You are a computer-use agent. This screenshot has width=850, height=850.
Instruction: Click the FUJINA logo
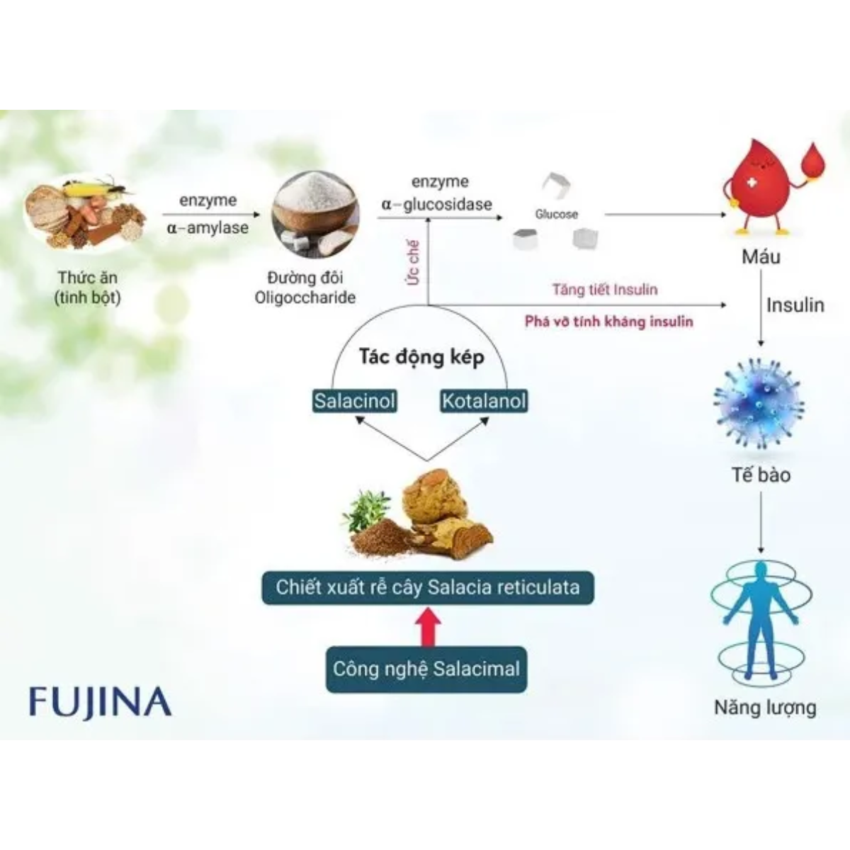pyautogui.click(x=100, y=702)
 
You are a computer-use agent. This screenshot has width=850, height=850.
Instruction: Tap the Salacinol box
pyautogui.click(x=355, y=401)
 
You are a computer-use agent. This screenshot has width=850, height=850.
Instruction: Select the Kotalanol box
pyautogui.click(x=484, y=401)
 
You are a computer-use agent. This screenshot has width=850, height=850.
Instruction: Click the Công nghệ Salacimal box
pyautogui.click(x=426, y=669)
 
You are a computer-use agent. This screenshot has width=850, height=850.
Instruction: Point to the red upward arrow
pyautogui.click(x=427, y=626)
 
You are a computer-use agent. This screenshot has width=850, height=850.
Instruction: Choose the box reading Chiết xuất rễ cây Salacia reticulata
pyautogui.click(x=428, y=587)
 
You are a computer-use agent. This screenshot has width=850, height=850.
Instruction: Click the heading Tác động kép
pyautogui.click(x=421, y=356)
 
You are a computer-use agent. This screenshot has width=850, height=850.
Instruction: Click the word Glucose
pyautogui.click(x=556, y=214)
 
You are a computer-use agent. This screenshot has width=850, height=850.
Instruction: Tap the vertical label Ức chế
pyautogui.click(x=413, y=262)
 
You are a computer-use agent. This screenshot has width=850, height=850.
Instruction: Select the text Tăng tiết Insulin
pyautogui.click(x=605, y=289)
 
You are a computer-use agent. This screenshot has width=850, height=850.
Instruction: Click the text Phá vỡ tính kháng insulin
pyautogui.click(x=608, y=322)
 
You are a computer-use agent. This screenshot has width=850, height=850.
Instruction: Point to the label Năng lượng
pyautogui.click(x=765, y=707)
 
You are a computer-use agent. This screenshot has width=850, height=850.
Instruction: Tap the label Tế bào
pyautogui.click(x=761, y=475)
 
